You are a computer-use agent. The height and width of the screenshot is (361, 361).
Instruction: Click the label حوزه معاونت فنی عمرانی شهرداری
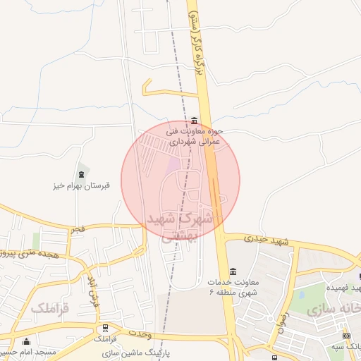pos(195,136)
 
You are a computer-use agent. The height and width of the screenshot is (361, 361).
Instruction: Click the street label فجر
pos(77,230)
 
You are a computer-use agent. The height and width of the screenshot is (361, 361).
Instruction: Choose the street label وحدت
pos(142,332)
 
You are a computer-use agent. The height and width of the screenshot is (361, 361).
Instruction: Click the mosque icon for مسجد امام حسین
pos(27,342)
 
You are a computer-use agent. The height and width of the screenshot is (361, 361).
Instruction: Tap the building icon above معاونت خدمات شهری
pos(233,272)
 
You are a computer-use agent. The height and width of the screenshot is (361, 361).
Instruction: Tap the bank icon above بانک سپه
pos(345,336)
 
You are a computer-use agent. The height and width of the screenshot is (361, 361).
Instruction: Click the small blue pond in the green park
pos(301,294)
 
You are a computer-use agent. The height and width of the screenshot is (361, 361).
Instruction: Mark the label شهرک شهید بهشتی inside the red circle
pos(180,226)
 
